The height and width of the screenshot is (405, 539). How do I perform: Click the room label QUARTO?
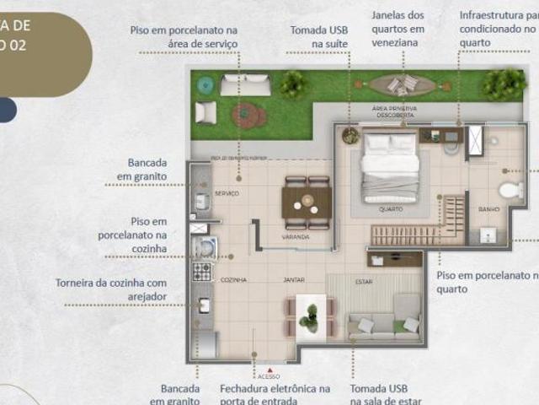click(391, 208)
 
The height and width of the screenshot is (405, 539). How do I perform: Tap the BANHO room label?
click(489, 208)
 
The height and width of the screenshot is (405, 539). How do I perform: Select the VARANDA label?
click(296, 237)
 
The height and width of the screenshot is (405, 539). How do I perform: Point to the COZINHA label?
click(233, 279)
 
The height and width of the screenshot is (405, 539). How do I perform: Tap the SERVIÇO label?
click(227, 193)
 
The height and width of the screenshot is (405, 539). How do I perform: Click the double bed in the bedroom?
click(389, 167)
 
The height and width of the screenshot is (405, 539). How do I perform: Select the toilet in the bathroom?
click(510, 189)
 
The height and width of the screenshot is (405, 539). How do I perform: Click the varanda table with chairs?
click(307, 202)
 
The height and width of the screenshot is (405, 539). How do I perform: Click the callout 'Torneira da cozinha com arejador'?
click(111, 289)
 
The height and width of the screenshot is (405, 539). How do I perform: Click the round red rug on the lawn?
click(249, 115)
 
